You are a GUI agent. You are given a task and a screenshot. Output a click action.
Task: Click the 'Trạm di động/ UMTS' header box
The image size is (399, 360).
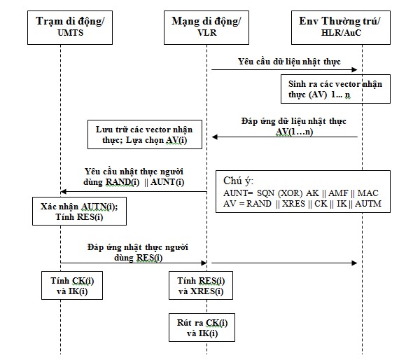[x=70, y=26]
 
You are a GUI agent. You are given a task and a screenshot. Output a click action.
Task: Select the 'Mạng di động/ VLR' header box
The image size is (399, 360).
[x=206, y=26]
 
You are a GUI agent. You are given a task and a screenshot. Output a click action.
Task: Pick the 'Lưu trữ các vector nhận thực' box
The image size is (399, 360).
[x=143, y=134]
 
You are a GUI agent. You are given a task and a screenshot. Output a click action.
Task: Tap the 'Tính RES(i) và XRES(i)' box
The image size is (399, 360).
[x=202, y=286]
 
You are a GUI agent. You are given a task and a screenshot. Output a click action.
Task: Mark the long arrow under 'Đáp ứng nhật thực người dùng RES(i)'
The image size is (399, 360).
[x=210, y=263]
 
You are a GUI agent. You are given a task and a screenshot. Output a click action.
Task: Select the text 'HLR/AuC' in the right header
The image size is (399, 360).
[x=338, y=32]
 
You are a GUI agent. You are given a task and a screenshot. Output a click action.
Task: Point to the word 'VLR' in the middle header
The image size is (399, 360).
[x=207, y=32]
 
